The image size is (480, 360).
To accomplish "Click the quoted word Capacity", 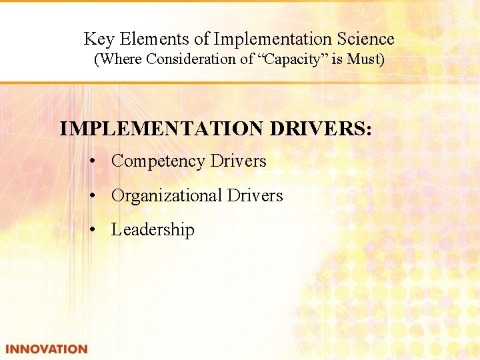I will pyautogui.click(x=291, y=59).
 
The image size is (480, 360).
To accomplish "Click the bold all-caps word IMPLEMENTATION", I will pyautogui.click(x=162, y=129).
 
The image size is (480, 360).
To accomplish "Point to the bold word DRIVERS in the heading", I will pyautogui.click(x=321, y=129).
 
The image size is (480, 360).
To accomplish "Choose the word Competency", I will pyautogui.click(x=159, y=161).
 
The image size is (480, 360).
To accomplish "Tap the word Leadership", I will pyautogui.click(x=153, y=230).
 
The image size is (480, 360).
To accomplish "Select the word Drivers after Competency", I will pyautogui.click(x=238, y=161).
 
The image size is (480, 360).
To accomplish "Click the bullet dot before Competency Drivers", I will pyautogui.click(x=97, y=162).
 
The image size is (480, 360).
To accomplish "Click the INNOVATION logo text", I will pyautogui.click(x=47, y=349).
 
